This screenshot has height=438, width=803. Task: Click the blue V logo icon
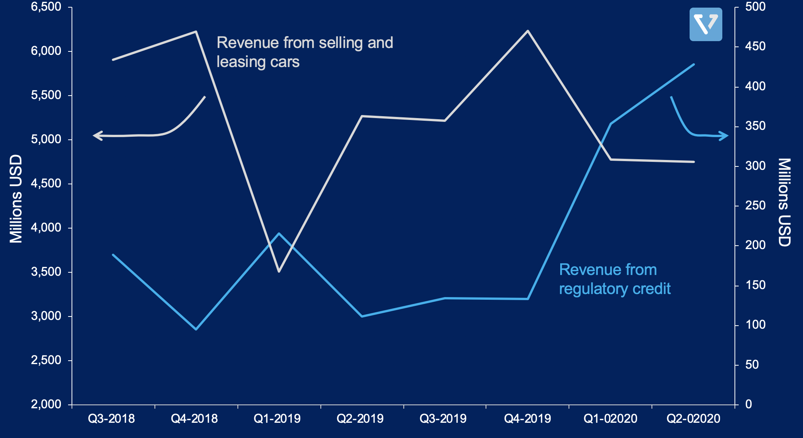pyautogui.click(x=706, y=24)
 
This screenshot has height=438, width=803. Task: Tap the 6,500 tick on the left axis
pyautogui.click(x=46, y=6)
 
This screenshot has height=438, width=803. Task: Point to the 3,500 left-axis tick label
pyautogui.click(x=46, y=272)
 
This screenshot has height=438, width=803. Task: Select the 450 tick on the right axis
pyautogui.click(x=755, y=46)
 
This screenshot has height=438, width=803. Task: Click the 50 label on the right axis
pyautogui.click(x=752, y=365)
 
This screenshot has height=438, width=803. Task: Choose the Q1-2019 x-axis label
pyautogui.click(x=277, y=419)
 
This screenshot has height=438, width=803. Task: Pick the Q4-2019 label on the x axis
pyautogui.click(x=527, y=419)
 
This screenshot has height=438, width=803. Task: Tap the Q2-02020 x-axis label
pyautogui.click(x=693, y=419)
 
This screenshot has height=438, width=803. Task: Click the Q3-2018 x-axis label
pyautogui.click(x=111, y=419)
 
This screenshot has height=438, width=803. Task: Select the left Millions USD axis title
pyautogui.click(x=16, y=199)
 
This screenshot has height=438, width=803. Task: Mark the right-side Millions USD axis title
pyautogui.click(x=784, y=203)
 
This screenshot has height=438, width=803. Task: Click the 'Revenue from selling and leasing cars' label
pyautogui.click(x=304, y=52)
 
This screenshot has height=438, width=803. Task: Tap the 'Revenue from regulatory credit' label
pyautogui.click(x=615, y=279)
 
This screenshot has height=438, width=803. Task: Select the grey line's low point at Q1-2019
pyautogui.click(x=279, y=271)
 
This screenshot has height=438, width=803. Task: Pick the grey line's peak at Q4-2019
pyautogui.click(x=528, y=31)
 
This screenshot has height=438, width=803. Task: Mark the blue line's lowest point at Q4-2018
pyautogui.click(x=196, y=329)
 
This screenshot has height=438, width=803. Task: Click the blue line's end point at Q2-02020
pyautogui.click(x=694, y=64)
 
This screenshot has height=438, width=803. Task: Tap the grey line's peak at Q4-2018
pyautogui.click(x=196, y=32)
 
